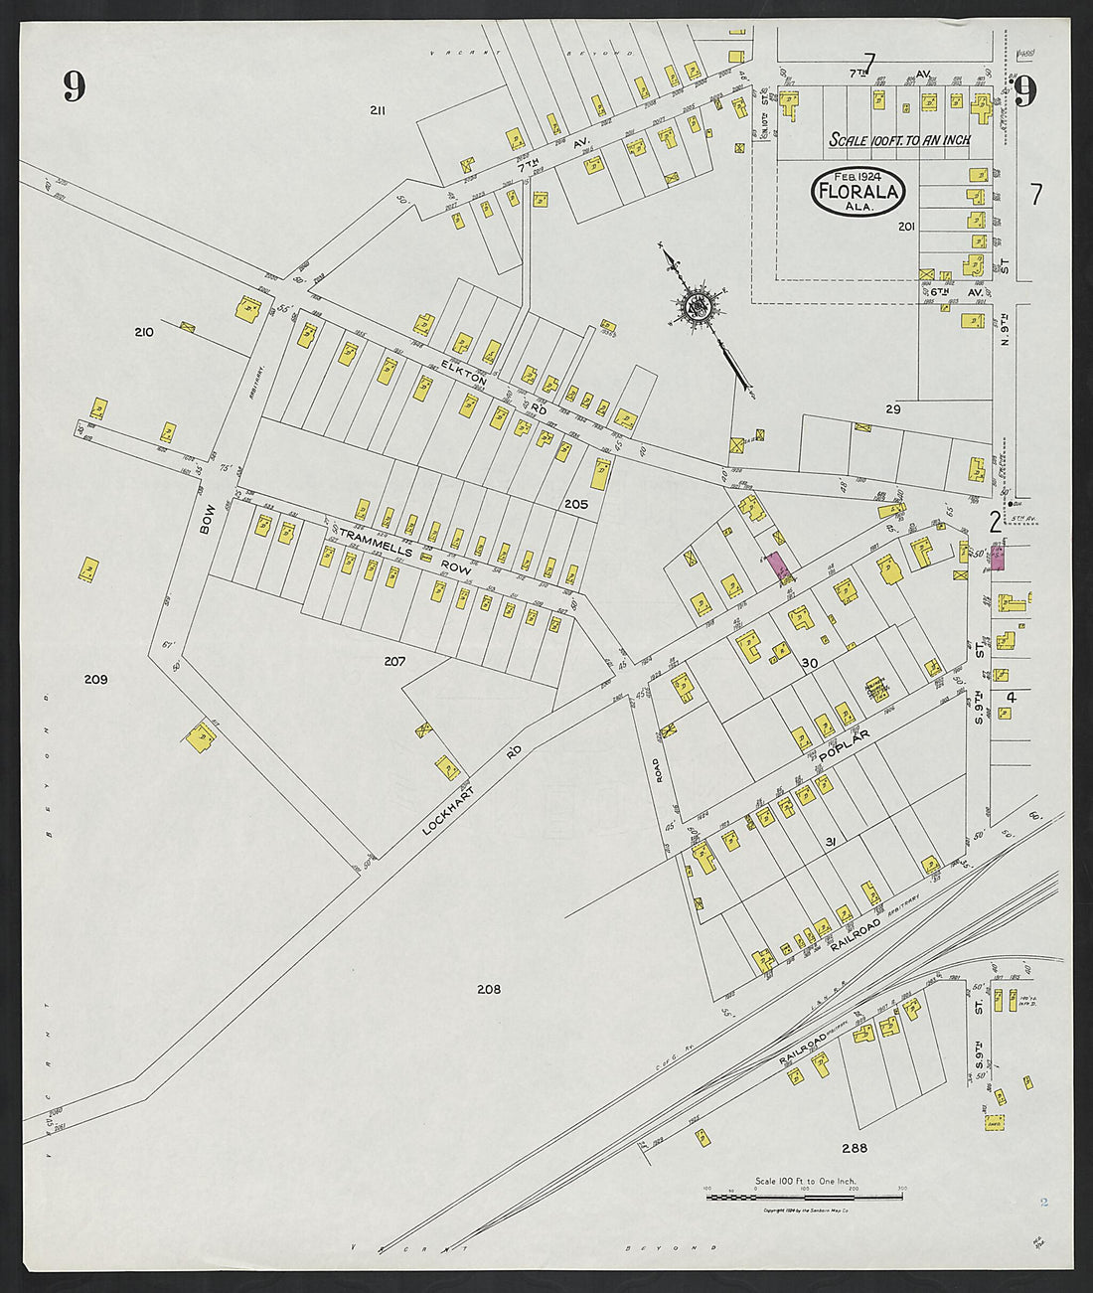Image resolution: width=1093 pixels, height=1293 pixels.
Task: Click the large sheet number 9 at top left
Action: [x=75, y=86]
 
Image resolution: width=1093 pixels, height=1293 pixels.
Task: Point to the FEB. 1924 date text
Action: [x=857, y=176]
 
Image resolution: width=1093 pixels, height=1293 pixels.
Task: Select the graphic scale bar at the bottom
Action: [x=805, y=1198]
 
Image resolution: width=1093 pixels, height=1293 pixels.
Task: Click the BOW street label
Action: [x=207, y=519]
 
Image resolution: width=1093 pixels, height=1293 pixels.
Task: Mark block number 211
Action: [x=378, y=110]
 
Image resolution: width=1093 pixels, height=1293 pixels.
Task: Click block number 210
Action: [x=144, y=332]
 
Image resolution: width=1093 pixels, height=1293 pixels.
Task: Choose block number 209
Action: [x=95, y=680]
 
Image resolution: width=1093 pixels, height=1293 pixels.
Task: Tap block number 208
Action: [x=488, y=989]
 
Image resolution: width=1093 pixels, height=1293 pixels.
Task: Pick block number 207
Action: [x=394, y=660]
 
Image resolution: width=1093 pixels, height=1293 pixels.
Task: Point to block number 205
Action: [x=576, y=504]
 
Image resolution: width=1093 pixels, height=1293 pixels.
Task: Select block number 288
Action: [x=855, y=1148]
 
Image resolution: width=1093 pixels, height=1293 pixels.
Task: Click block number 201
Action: [x=905, y=227]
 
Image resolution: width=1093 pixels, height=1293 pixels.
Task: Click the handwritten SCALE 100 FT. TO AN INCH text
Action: [x=899, y=140]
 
